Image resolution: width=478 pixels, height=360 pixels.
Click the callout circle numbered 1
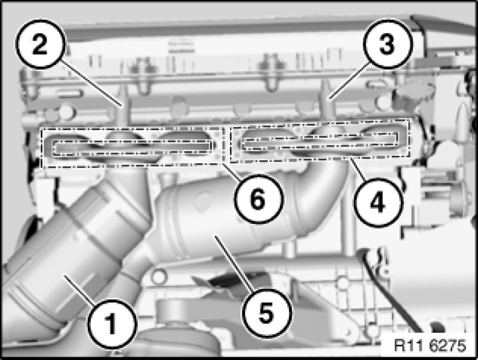click(111, 324)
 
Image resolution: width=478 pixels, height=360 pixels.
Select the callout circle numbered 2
click(40, 44)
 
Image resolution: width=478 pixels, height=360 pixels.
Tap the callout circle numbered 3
click(387, 44)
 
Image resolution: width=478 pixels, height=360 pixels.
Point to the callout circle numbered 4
click(378, 203)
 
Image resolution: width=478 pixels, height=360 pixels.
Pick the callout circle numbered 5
click(267, 314)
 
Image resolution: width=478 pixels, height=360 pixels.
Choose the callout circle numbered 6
click(258, 199)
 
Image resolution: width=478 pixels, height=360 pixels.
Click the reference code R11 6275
click(430, 345)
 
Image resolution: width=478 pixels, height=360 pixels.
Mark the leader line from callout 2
click(91, 83)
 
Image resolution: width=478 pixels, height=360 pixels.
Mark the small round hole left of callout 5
click(158, 277)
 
